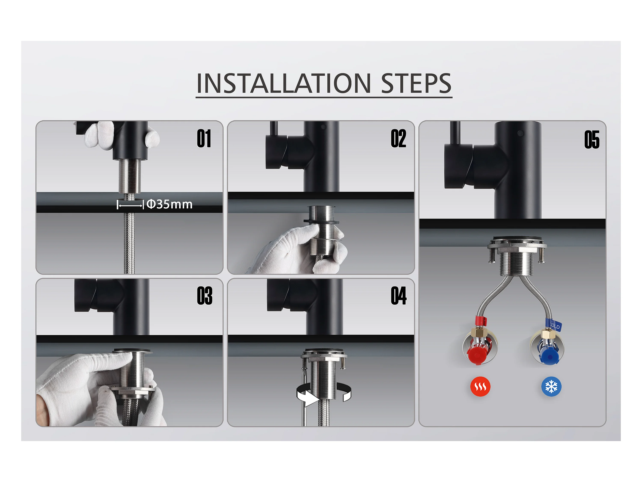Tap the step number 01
204,139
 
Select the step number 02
398,139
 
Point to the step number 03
205,296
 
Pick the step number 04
398,296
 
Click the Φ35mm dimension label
169,204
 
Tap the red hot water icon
480,387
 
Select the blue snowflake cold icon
551,387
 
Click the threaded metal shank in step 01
130,176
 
